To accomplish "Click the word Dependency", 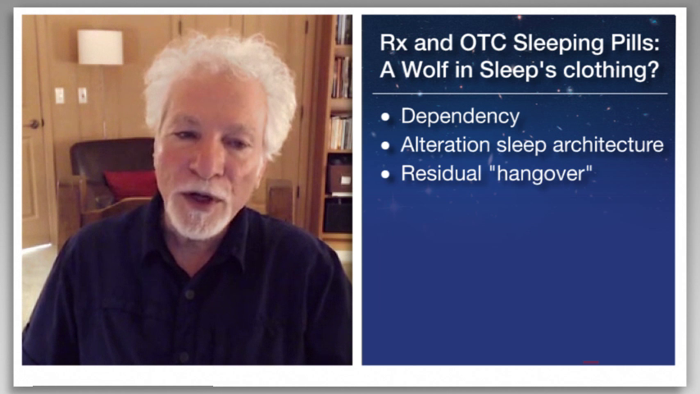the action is (461, 117).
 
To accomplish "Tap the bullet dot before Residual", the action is (386, 174).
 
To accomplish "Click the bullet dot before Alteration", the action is (386, 145).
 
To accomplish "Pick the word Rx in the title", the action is (393, 43).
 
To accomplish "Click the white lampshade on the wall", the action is (100, 47).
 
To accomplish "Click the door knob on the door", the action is (34, 124).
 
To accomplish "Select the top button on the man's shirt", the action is (189, 295).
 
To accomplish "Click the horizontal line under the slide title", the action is (520, 94).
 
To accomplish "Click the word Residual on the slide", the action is (441, 173).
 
